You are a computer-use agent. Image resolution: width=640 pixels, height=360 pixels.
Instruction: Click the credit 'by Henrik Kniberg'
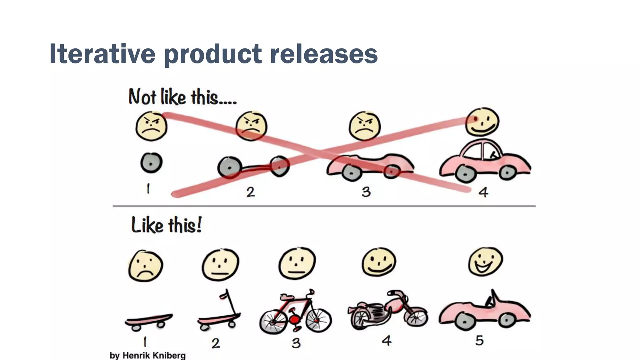(x=147, y=355)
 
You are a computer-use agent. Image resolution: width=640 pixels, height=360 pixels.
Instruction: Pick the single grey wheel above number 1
(x=151, y=163)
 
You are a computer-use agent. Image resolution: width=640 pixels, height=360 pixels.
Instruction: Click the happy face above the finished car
(x=482, y=122)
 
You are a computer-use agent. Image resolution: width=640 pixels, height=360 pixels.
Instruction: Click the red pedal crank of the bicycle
(x=294, y=319)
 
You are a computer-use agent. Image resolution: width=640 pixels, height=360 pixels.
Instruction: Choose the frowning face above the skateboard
(x=145, y=266)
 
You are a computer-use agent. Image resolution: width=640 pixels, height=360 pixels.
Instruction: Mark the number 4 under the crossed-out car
(x=483, y=192)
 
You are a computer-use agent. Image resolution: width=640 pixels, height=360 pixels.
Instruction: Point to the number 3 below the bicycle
(x=296, y=343)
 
